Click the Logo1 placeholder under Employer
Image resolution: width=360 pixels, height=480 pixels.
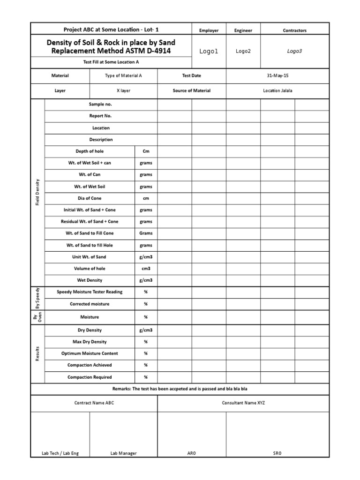click(x=209, y=52)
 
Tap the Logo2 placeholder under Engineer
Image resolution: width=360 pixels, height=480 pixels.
click(x=243, y=52)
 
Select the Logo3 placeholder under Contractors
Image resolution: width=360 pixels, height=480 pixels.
click(x=294, y=52)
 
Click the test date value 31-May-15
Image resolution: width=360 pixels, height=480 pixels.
click(x=277, y=75)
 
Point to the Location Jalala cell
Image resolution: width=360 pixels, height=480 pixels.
click(x=277, y=90)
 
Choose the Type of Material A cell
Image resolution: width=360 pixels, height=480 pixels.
click(x=123, y=75)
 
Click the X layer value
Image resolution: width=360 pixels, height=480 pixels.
click(x=123, y=90)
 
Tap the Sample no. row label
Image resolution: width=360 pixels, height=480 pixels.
click(x=100, y=104)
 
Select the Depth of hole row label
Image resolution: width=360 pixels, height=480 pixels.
click(x=90, y=151)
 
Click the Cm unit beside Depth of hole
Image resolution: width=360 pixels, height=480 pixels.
click(x=146, y=151)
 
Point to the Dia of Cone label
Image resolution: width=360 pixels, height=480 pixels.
click(x=90, y=198)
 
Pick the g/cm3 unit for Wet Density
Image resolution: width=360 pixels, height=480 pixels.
click(x=146, y=280)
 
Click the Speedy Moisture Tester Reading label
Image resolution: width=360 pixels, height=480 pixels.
click(x=90, y=292)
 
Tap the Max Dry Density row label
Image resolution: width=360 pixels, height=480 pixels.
click(x=90, y=342)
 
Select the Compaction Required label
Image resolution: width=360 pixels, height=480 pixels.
click(x=90, y=377)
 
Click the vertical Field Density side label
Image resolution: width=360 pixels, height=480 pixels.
click(x=37, y=192)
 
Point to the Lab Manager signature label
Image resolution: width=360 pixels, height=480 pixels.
click(x=124, y=453)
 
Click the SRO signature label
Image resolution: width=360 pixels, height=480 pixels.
click(x=277, y=453)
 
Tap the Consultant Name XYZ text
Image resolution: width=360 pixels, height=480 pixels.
click(x=243, y=403)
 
